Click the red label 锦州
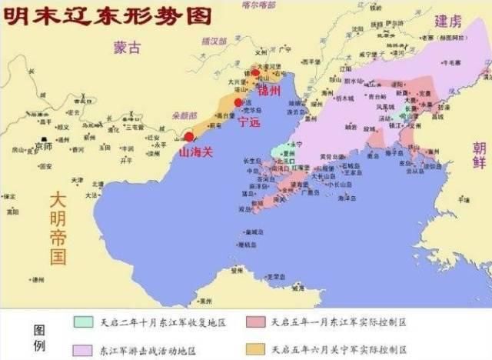tap(270, 92)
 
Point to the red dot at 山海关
tap(189, 137)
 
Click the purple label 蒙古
tap(126, 47)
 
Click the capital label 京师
tap(45, 146)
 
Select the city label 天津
tap(78, 180)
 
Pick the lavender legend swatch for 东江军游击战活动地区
tap(85, 348)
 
